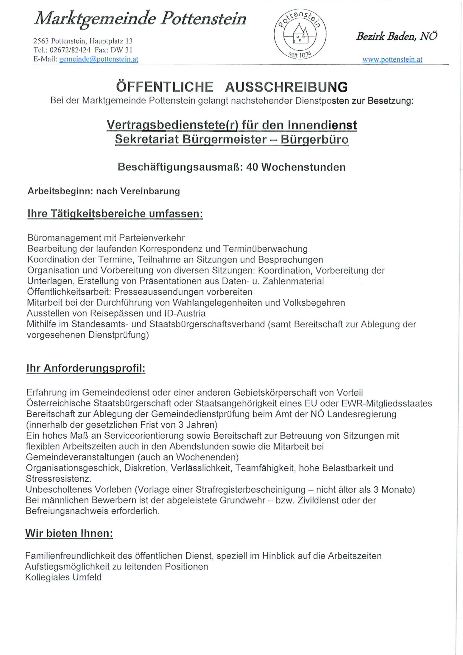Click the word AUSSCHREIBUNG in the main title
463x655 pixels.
pyautogui.click(x=286, y=87)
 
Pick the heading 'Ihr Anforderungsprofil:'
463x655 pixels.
pyautogui.click(x=86, y=368)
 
